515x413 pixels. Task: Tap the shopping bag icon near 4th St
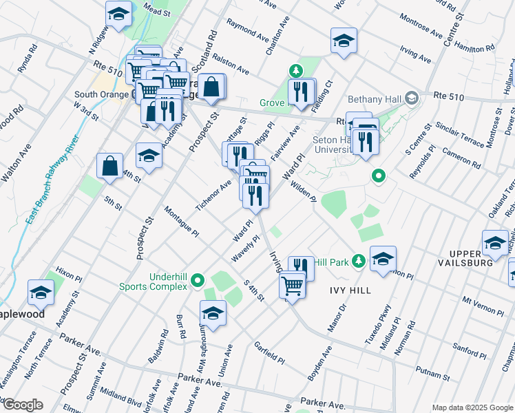click(110, 166)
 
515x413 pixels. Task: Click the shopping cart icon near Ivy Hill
click(293, 284)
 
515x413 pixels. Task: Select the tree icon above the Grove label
click(295, 70)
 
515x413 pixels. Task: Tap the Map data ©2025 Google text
click(472, 407)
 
